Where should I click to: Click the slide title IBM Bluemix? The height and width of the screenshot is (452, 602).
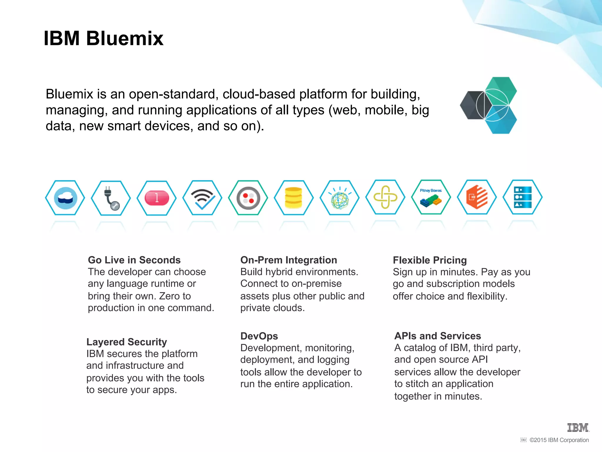click(x=103, y=38)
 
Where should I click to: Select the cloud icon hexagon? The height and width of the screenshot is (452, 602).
click(x=65, y=198)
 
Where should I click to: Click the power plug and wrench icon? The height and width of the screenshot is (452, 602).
click(x=111, y=198)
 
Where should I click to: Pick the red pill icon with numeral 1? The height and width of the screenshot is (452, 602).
click(x=157, y=198)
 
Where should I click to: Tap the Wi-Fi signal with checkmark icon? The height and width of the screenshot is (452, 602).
click(x=202, y=198)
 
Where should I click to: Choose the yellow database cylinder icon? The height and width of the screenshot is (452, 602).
click(x=294, y=198)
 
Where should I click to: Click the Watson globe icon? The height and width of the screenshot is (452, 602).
click(x=340, y=198)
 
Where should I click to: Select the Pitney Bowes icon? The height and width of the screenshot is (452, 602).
click(x=431, y=197)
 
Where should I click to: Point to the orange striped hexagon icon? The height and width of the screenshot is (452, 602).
click(x=477, y=197)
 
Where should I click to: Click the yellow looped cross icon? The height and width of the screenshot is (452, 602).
click(x=385, y=197)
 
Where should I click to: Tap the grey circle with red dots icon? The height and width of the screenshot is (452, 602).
click(x=248, y=198)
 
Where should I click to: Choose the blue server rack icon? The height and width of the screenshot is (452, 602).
click(x=523, y=197)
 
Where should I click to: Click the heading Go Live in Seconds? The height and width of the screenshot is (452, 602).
click(x=134, y=260)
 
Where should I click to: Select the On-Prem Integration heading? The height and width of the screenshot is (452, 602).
click(x=289, y=260)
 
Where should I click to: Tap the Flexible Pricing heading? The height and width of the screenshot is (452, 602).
click(x=430, y=260)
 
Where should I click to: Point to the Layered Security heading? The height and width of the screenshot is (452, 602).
click(x=127, y=342)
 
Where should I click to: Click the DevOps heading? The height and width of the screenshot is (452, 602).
click(x=259, y=336)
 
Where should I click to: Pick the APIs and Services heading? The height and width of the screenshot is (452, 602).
click(x=438, y=336)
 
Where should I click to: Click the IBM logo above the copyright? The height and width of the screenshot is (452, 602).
click(x=578, y=428)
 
